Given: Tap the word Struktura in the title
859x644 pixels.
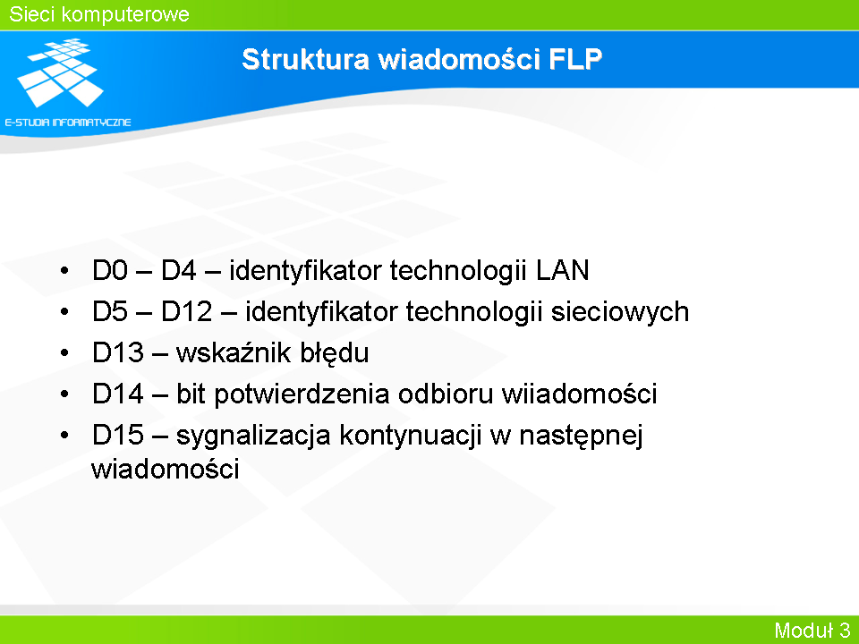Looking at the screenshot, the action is pos(306,59).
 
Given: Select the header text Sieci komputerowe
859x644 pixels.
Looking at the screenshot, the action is pos(99,14).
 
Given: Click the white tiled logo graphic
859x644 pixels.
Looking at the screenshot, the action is pos(60,72).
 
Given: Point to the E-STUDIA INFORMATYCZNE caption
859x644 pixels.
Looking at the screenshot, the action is pos(68,123).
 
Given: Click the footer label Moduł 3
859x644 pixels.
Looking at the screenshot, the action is pos(812,631).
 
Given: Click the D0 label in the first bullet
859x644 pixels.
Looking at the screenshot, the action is pos(109,270).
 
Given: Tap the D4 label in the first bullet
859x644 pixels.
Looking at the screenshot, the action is pos(179,270).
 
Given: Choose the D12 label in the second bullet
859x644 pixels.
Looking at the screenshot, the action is pos(186,311).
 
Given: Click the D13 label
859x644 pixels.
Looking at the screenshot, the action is pos(118,352).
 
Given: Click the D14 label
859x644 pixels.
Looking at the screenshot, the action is pos(118,394).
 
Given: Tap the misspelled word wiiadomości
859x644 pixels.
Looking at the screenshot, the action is pos(580,394).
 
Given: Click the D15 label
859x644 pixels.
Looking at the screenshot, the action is pos(118,435).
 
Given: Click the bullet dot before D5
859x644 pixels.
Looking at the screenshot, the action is pos(64,311).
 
